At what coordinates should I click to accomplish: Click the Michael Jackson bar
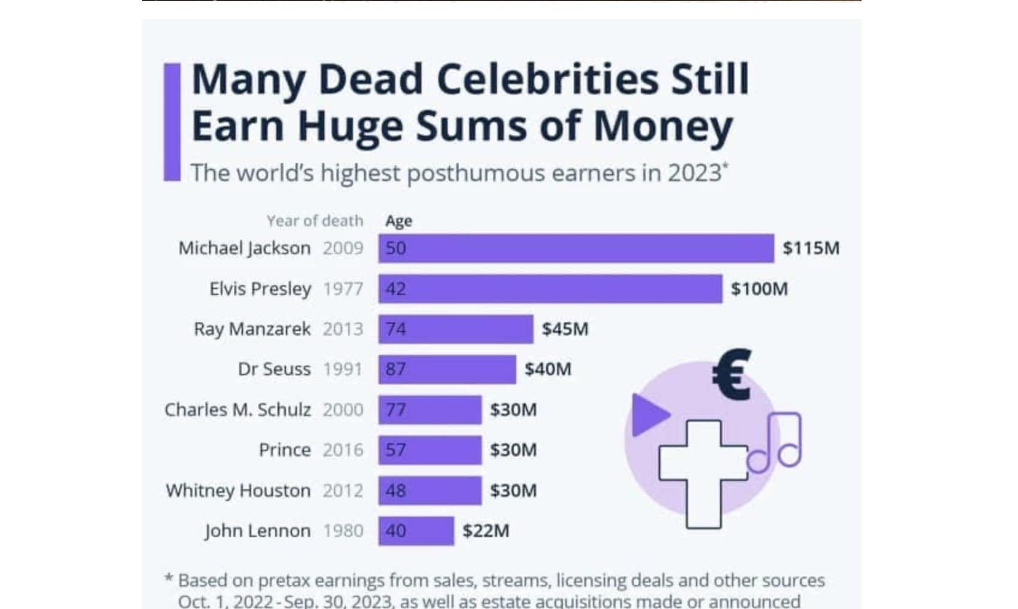(576, 248)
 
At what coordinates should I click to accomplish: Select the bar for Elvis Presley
(550, 289)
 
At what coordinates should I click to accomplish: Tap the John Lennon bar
(416, 531)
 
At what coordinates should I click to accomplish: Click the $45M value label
(565, 329)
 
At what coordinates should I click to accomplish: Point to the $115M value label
(811, 248)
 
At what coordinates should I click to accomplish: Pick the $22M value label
(486, 531)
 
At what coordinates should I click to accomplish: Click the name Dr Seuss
(274, 369)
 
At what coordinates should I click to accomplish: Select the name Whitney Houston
(238, 491)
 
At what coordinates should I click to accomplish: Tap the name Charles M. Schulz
(237, 410)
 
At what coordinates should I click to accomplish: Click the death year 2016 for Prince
(343, 450)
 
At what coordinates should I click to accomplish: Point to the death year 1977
(343, 289)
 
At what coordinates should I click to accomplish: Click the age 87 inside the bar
(396, 369)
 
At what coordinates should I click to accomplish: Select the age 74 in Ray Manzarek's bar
(396, 329)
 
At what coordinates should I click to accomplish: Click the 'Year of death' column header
(315, 221)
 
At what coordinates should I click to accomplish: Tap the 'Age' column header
(399, 221)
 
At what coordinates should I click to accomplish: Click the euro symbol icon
(732, 375)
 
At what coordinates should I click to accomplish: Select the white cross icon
(703, 474)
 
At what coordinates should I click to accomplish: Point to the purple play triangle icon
(648, 415)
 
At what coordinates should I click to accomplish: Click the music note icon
(776, 442)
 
